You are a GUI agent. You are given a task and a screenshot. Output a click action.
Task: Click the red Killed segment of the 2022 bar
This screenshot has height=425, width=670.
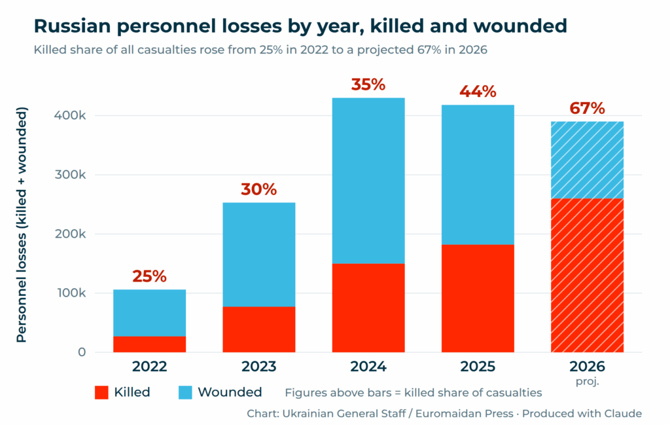tap(150, 344)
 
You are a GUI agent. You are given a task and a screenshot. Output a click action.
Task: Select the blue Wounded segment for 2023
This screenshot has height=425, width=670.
tap(259, 254)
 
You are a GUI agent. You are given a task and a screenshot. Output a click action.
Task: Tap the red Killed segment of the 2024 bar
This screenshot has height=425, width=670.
tap(368, 308)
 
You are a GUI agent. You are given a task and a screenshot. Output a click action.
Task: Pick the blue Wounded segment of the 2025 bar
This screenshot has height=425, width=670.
tap(478, 175)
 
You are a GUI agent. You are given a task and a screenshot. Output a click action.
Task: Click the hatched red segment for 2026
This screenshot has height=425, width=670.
tap(587, 275)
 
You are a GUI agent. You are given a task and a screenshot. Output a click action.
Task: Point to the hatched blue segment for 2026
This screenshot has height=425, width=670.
tap(587, 160)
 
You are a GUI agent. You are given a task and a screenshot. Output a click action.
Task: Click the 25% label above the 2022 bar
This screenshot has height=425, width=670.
tap(149, 276)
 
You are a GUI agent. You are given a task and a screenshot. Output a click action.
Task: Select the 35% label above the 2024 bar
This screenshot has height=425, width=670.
tap(368, 84)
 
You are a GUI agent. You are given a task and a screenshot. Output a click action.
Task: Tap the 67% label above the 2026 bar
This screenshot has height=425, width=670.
tap(587, 108)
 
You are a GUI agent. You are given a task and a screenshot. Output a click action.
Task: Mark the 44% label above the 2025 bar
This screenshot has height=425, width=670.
tap(478, 92)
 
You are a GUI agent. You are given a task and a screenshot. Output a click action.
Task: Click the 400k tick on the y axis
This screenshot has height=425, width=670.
tap(70, 115)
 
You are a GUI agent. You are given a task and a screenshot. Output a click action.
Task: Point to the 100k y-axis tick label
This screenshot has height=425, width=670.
tap(70, 293)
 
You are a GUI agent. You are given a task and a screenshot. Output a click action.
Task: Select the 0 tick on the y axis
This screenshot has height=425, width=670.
tap(82, 352)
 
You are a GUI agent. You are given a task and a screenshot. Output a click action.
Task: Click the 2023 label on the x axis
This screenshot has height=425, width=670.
tap(259, 367)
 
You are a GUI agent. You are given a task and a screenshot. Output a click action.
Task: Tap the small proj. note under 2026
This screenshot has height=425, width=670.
tap(587, 381)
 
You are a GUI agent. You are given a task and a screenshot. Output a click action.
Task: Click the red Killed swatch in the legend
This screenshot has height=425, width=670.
tap(101, 392)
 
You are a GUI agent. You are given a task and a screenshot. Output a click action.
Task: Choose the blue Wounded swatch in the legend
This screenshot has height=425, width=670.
tap(185, 392)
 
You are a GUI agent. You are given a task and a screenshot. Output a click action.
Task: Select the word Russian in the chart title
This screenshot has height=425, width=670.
tap(72, 26)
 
